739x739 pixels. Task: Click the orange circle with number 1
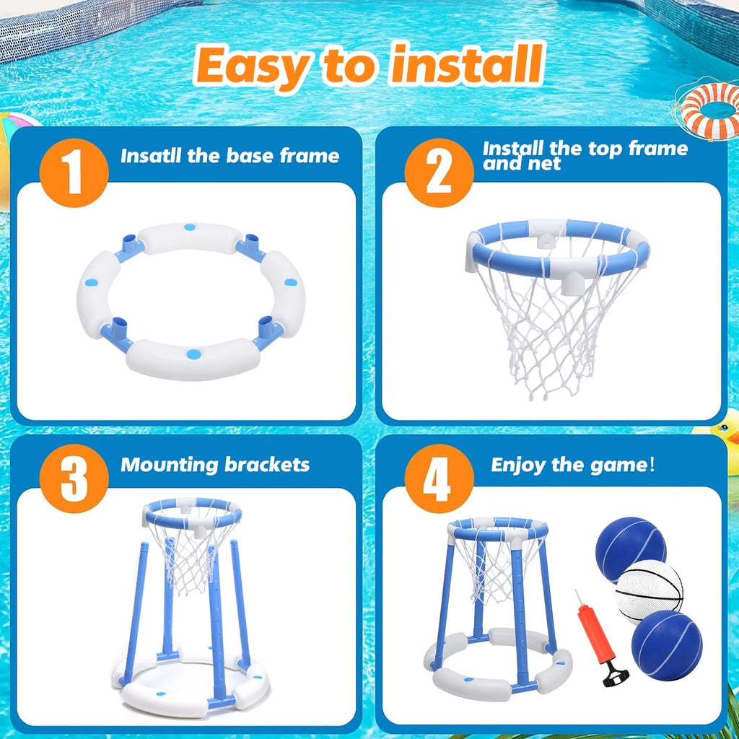(x=74, y=173)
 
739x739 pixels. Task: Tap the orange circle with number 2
(x=439, y=173)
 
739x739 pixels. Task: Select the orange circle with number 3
(x=74, y=480)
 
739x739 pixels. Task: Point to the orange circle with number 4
(x=439, y=480)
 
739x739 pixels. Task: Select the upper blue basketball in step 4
(x=629, y=548)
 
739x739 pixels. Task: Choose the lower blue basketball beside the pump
(x=666, y=644)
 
